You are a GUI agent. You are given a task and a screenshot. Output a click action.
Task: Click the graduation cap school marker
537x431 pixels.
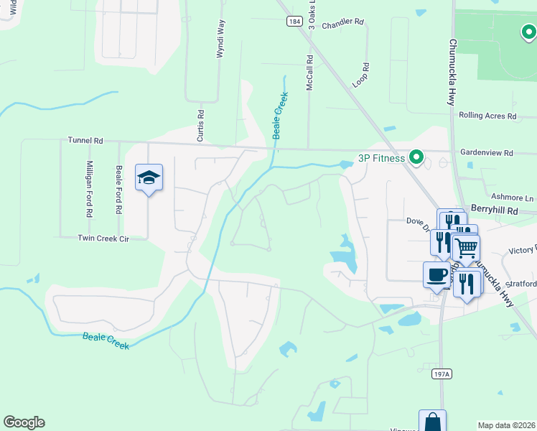[149, 177]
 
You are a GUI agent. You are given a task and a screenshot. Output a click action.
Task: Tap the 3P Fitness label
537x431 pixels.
[382, 157]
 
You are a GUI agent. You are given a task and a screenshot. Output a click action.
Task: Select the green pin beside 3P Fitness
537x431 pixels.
[416, 157]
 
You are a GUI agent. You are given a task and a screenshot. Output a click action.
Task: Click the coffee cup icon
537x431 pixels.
[437, 274]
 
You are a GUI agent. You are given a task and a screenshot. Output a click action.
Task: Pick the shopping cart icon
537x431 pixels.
[467, 249]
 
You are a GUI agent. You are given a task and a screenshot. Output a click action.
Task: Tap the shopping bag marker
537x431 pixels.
[432, 421]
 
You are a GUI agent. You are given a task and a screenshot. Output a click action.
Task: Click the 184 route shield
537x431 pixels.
[293, 22]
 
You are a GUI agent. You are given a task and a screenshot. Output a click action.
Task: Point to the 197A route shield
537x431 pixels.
[443, 374]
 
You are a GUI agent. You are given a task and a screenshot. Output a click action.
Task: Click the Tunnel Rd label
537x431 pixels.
[85, 141]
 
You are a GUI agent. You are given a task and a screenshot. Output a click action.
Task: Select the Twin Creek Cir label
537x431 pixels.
[103, 238]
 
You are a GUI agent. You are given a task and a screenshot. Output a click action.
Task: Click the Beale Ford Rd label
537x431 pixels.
[119, 190]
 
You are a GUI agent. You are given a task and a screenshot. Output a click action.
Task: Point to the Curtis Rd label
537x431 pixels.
[201, 124]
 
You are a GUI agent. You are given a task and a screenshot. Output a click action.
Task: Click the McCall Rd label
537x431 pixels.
[310, 73]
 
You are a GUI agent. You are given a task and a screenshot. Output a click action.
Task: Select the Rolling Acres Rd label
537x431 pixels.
[487, 115]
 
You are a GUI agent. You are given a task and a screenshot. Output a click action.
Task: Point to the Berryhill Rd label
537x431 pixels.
[494, 208]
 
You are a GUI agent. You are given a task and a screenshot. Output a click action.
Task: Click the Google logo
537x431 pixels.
[24, 422]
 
